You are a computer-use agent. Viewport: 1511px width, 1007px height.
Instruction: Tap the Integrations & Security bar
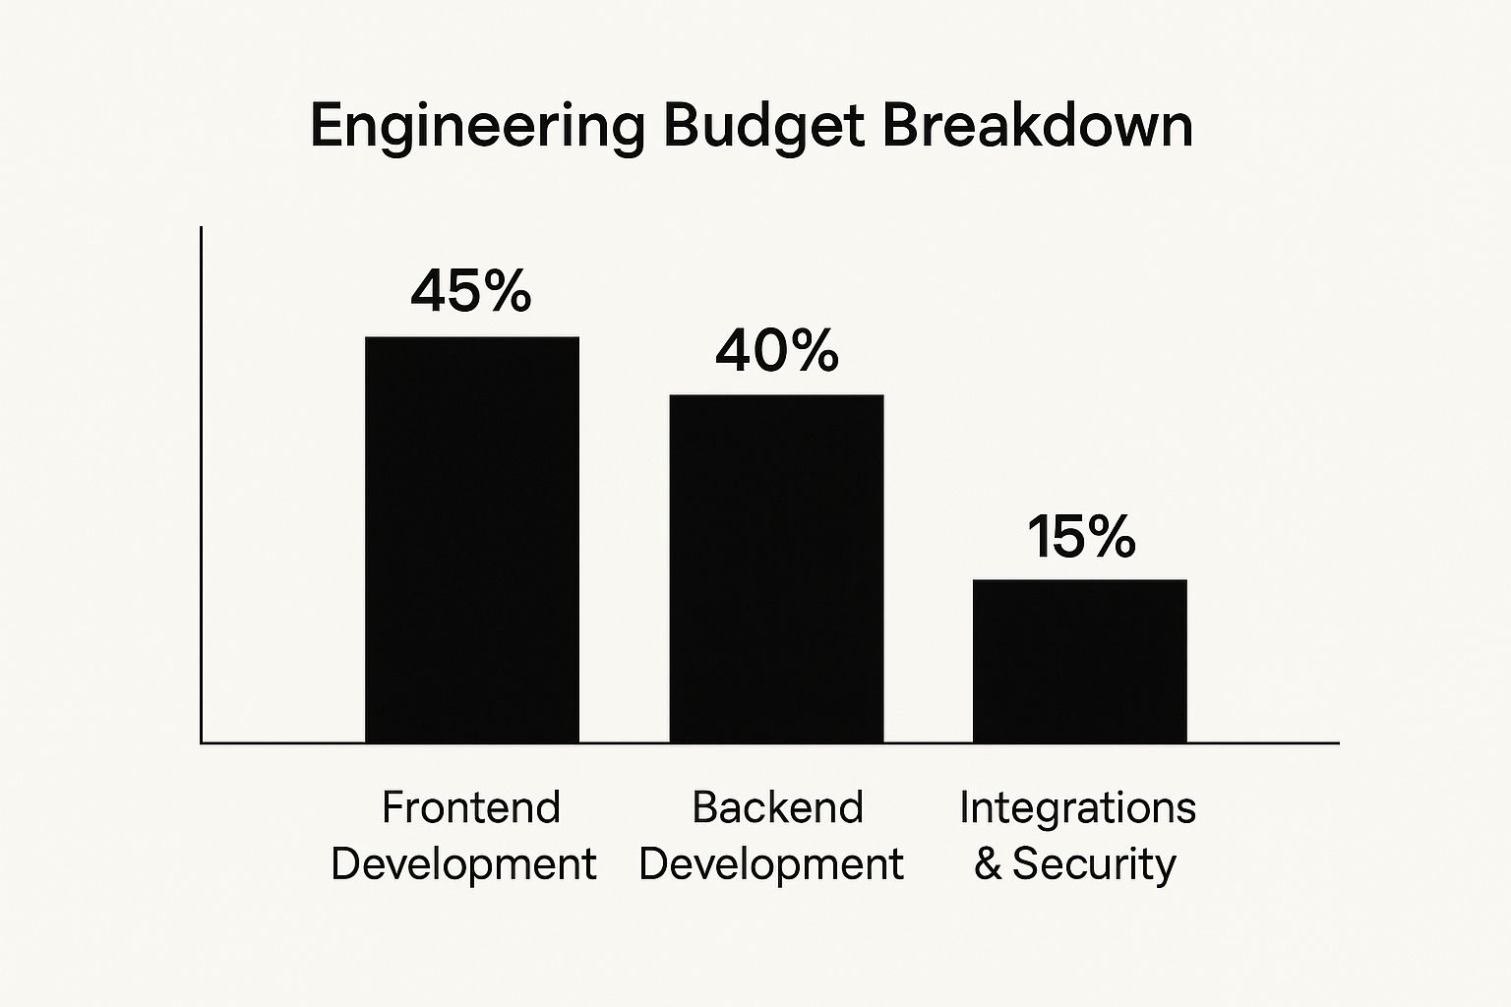tap(1079, 660)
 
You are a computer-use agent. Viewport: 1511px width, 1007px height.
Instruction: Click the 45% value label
tap(471, 291)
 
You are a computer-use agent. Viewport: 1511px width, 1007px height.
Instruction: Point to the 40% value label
tap(776, 351)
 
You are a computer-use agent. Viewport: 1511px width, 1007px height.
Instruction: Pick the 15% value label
tap(1081, 537)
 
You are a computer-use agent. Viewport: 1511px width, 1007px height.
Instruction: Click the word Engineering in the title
tap(477, 128)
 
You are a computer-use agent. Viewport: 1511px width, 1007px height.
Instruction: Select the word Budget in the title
tap(763, 126)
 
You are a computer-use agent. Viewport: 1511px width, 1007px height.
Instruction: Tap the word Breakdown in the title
tap(1037, 126)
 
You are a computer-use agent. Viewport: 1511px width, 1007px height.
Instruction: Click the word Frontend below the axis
tap(470, 807)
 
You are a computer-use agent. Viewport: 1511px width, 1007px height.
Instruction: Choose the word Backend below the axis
tap(777, 807)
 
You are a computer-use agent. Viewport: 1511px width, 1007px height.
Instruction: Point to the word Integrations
tap(1077, 807)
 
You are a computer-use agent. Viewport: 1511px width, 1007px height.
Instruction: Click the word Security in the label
tap(1094, 864)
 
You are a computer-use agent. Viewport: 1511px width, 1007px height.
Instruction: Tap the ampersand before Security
tap(988, 864)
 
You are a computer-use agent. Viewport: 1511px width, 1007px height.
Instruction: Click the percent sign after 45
tap(508, 291)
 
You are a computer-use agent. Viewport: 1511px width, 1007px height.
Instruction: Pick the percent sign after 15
tap(1112, 537)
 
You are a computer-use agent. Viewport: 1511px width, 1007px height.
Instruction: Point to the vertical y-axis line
tap(201, 482)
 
